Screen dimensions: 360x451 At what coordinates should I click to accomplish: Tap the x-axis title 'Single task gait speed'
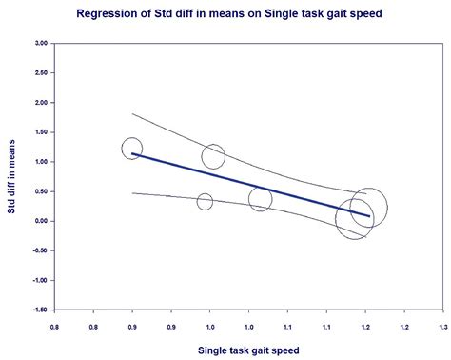pos(247,350)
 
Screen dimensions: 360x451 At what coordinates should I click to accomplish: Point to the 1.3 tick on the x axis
pos(441,326)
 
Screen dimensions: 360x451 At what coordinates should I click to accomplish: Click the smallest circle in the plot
pos(205,202)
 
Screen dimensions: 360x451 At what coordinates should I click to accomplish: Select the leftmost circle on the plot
pos(132,149)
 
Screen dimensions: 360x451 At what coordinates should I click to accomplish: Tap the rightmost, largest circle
pos(368,208)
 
